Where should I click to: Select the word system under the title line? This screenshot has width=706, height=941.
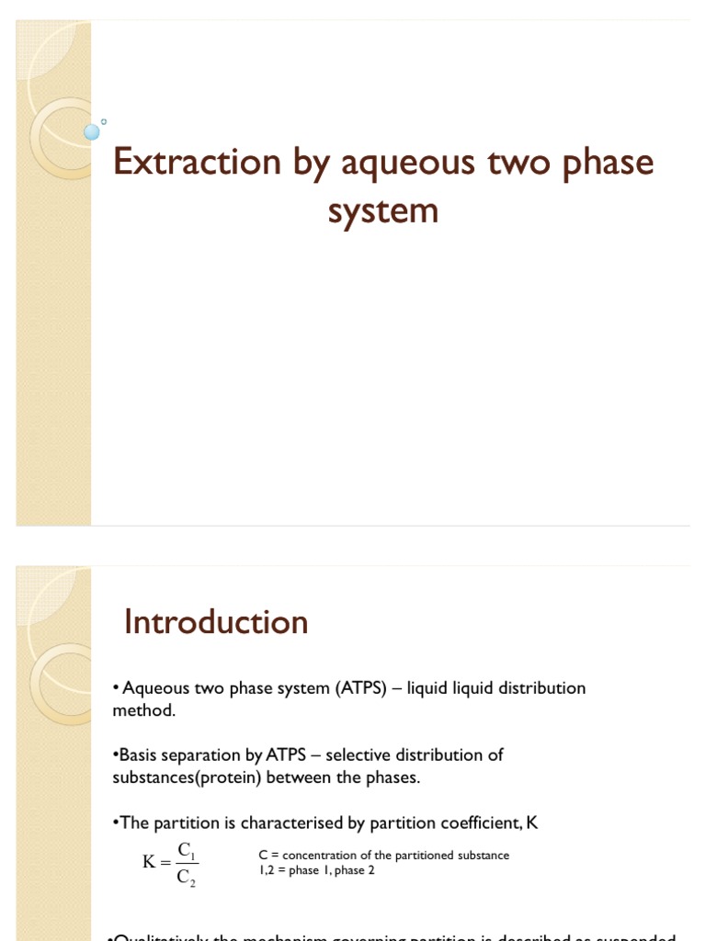(x=383, y=210)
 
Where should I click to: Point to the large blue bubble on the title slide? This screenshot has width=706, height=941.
(x=91, y=131)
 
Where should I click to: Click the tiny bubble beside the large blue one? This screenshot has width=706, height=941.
(x=104, y=120)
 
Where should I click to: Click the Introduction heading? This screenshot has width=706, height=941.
(x=216, y=622)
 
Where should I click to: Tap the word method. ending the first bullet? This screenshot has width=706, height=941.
(x=143, y=710)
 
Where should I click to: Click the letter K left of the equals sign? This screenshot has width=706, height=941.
(x=150, y=862)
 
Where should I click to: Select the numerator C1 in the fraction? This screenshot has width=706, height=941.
(x=187, y=849)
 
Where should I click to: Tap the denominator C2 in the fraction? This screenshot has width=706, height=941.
(x=187, y=877)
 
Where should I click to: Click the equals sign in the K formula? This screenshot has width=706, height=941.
(x=166, y=862)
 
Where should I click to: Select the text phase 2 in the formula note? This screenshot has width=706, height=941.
(x=355, y=870)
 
